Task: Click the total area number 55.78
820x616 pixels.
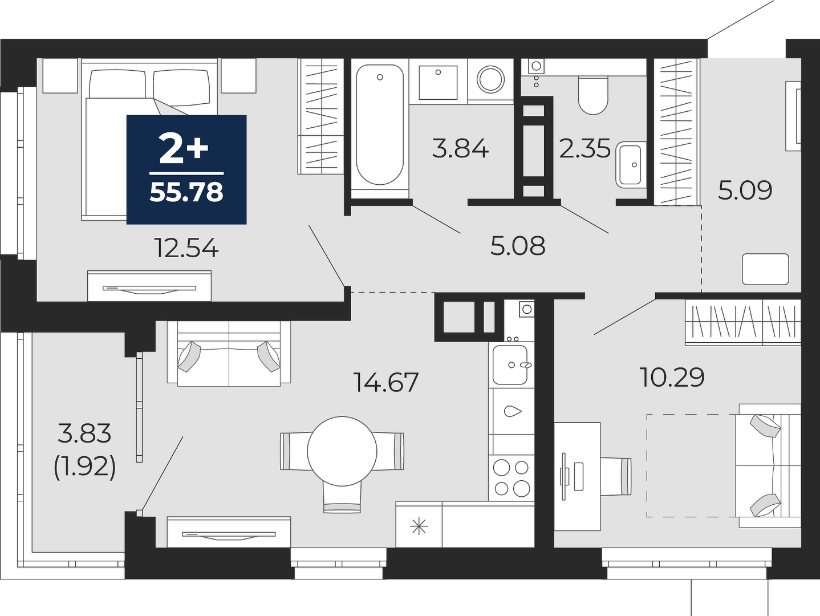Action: point(186,192)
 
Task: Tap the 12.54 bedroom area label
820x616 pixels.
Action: point(186,249)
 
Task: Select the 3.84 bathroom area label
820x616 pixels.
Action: point(460,148)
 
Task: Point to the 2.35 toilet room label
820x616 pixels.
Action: point(584,148)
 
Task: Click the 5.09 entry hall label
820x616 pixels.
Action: point(745,190)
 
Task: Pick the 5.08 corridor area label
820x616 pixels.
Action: point(518,246)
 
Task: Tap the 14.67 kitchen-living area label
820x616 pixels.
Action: point(386,382)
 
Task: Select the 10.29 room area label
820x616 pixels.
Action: point(672,377)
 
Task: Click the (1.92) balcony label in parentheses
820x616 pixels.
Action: point(85,467)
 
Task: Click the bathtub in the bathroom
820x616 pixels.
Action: point(380,125)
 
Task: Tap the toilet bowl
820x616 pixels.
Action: point(593,95)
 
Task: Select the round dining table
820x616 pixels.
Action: point(342,451)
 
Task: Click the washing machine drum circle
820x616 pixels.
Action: point(490,79)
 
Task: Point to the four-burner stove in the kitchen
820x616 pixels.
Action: point(512,478)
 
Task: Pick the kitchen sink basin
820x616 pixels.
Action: point(510,364)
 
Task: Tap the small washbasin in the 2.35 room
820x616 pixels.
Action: point(631,165)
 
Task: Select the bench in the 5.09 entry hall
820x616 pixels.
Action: point(765,269)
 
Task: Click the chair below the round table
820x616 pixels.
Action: point(342,497)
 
